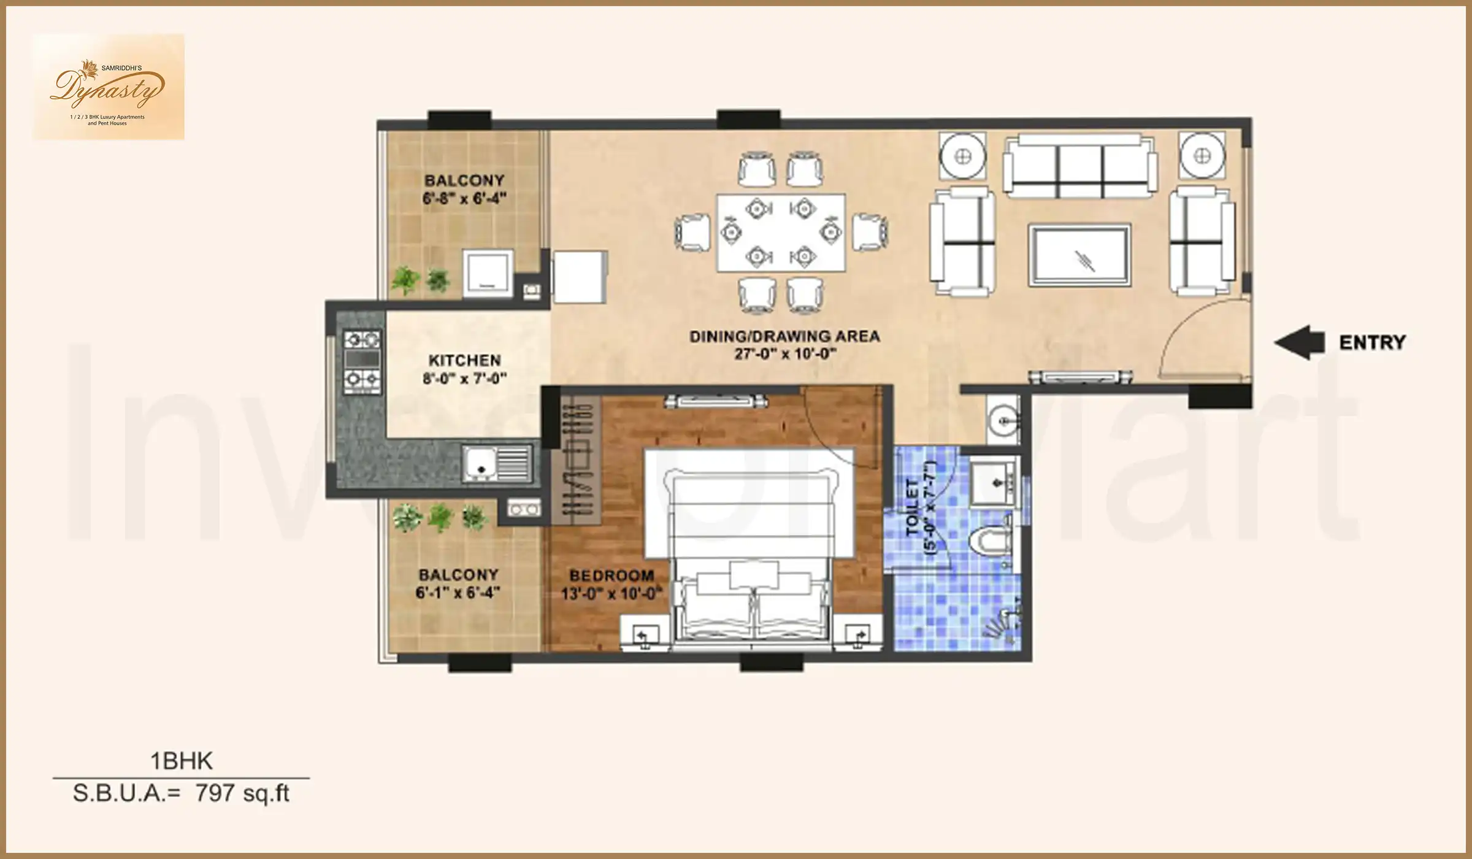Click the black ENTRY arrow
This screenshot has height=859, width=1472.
pyautogui.click(x=1299, y=342)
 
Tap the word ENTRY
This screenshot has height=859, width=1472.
pyautogui.click(x=1372, y=342)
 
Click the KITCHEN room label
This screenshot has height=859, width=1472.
pyautogui.click(x=464, y=360)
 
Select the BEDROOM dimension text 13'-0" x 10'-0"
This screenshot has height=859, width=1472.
pyautogui.click(x=611, y=594)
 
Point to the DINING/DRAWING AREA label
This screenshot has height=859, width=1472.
pyautogui.click(x=784, y=336)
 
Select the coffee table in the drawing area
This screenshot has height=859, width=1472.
pyautogui.click(x=1079, y=255)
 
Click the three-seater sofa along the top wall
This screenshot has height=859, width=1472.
pyautogui.click(x=1081, y=167)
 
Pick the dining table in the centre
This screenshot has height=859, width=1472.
pyautogui.click(x=781, y=233)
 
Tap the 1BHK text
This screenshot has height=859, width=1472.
pyautogui.click(x=182, y=761)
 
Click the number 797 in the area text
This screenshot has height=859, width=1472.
pyautogui.click(x=215, y=793)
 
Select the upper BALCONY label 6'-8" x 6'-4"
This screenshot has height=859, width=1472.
pyautogui.click(x=464, y=189)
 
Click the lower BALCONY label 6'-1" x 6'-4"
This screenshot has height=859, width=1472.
pyautogui.click(x=458, y=584)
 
